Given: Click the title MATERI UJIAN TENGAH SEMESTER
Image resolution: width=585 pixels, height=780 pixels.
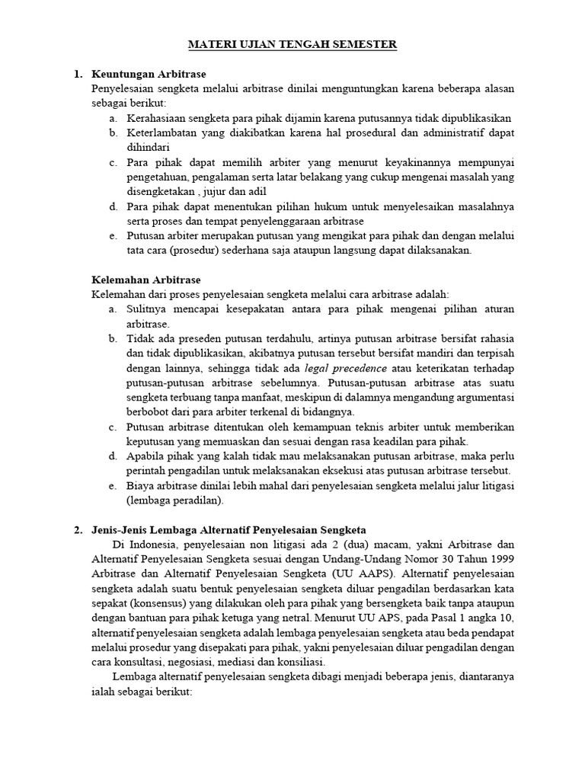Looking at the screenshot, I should point(292,46).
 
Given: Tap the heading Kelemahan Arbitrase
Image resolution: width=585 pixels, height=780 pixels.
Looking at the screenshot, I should point(146,280).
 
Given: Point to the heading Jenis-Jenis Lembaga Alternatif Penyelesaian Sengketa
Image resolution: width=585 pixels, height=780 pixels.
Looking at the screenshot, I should point(229,529).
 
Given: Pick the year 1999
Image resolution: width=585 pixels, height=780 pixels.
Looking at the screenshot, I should point(498,558).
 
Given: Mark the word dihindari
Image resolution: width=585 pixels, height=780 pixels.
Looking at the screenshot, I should point(149,148).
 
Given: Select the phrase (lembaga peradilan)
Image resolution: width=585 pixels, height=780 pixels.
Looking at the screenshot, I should point(175,500).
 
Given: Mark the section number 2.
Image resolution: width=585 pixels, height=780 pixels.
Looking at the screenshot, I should point(78,529).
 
